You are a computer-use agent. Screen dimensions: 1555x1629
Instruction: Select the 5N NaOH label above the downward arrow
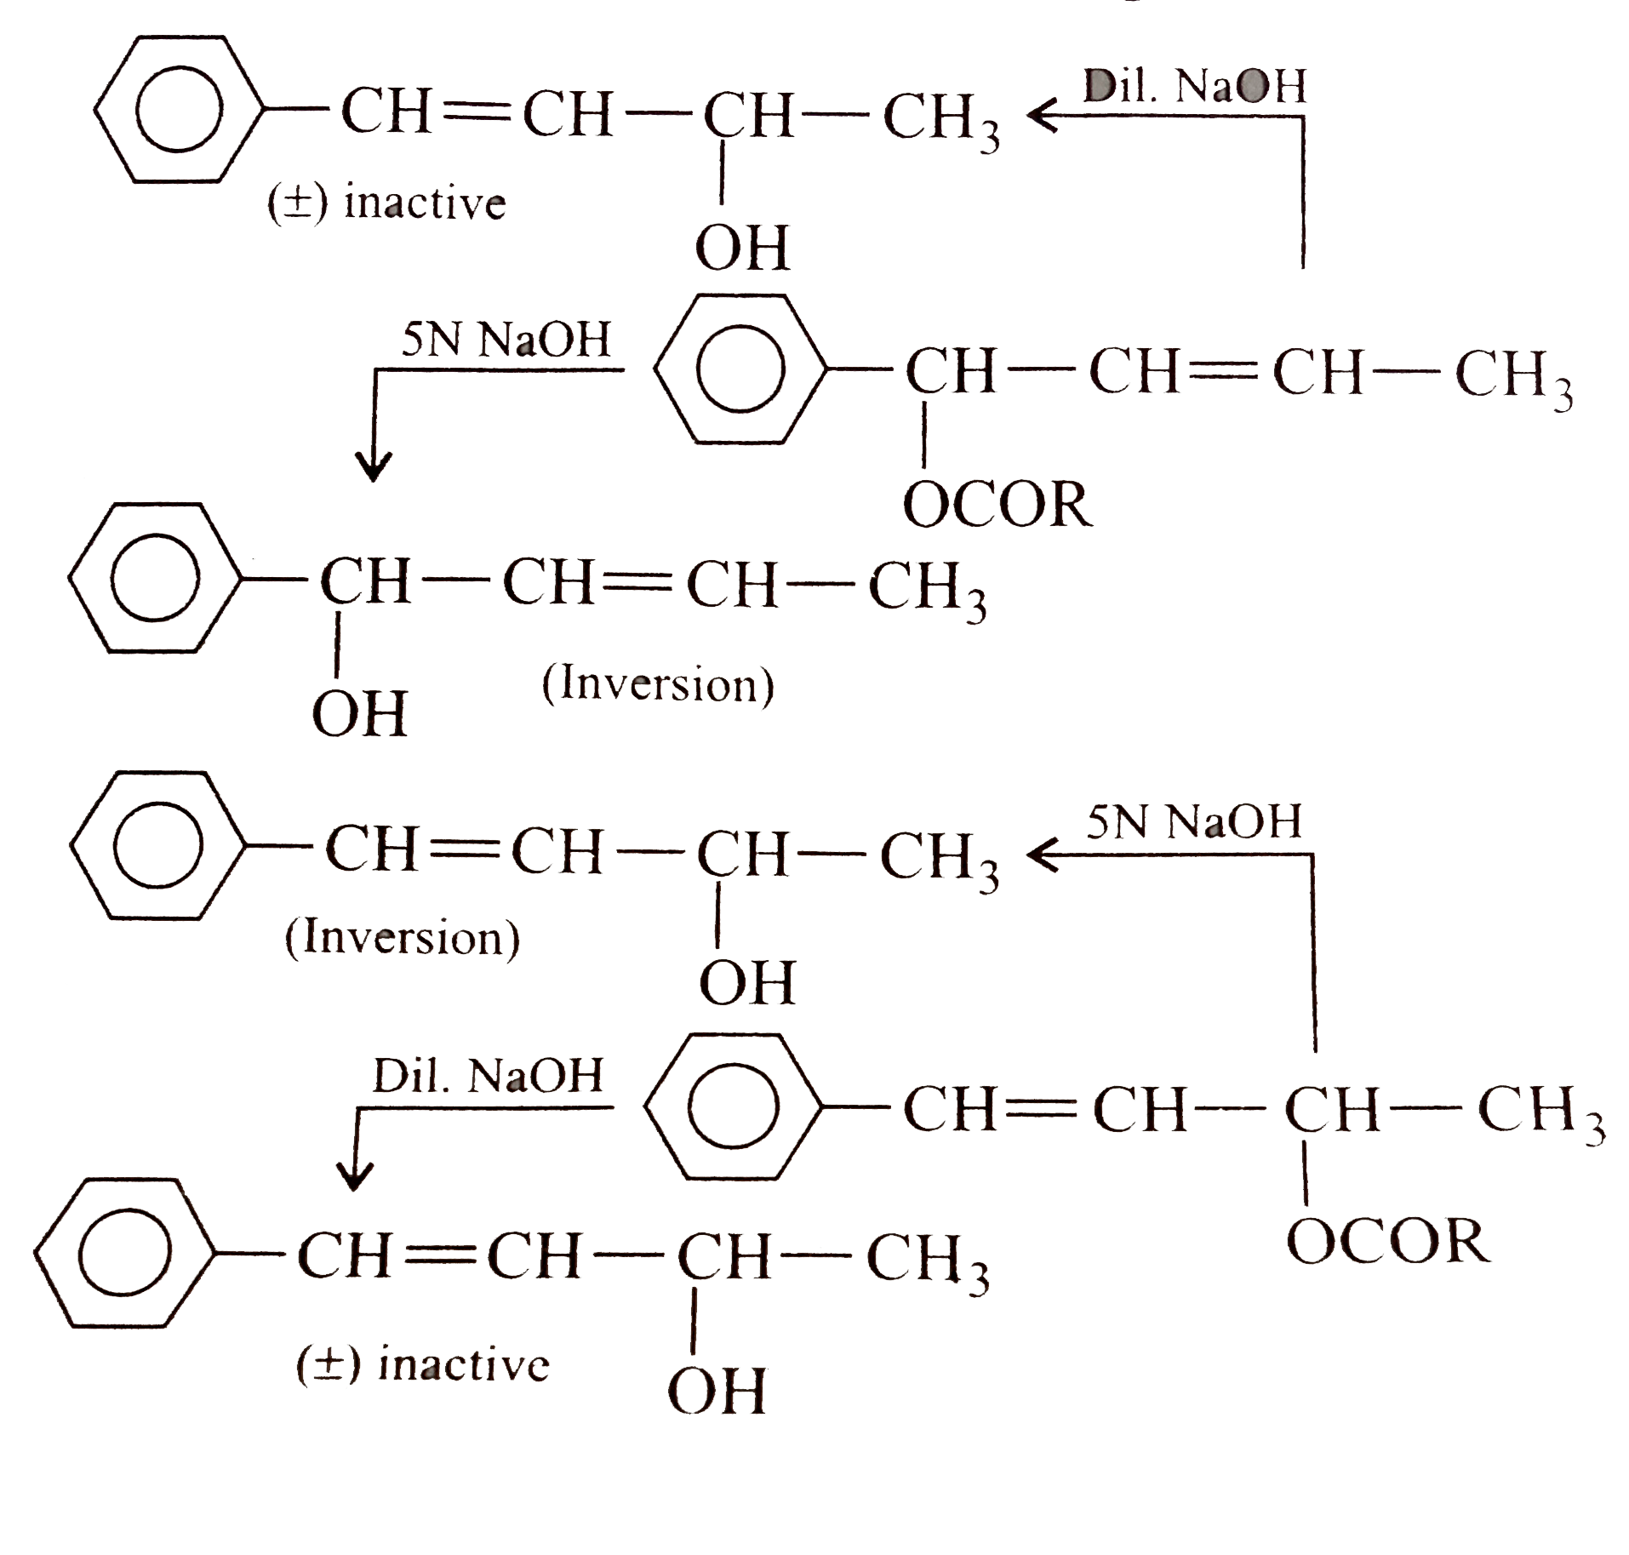pyautogui.click(x=506, y=340)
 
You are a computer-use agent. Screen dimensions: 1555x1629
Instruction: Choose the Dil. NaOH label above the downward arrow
pyautogui.click(x=488, y=1077)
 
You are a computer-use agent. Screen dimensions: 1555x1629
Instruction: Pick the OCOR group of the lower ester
pyautogui.click(x=1389, y=1240)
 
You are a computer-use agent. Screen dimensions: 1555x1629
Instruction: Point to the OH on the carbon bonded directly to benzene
pyautogui.click(x=359, y=713)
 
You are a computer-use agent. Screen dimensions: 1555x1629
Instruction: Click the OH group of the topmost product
pyautogui.click(x=742, y=248)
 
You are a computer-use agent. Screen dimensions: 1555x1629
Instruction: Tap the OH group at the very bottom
pyautogui.click(x=717, y=1390)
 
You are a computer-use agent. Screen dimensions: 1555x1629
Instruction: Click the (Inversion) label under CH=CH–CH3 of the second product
pyautogui.click(x=658, y=686)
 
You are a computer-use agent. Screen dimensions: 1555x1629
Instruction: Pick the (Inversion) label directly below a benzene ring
pyautogui.click(x=402, y=938)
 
